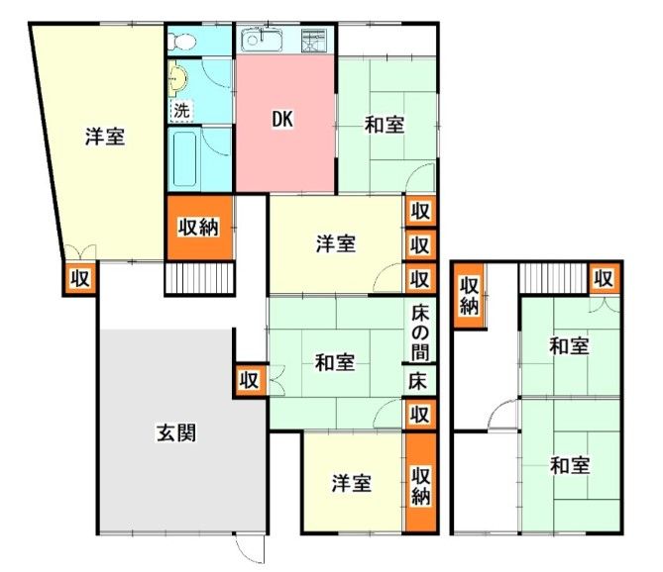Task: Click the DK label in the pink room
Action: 284,119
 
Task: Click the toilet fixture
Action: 179,41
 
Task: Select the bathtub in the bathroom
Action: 185,158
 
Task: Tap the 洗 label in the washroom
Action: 180,110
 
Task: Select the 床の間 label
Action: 420,333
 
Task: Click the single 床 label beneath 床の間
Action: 420,380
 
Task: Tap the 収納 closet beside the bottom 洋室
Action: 420,483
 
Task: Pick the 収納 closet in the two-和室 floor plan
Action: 469,294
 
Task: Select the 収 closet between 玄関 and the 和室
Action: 249,380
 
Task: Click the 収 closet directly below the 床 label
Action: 420,413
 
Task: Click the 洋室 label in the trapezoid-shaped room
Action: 103,138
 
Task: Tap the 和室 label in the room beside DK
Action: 385,125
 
